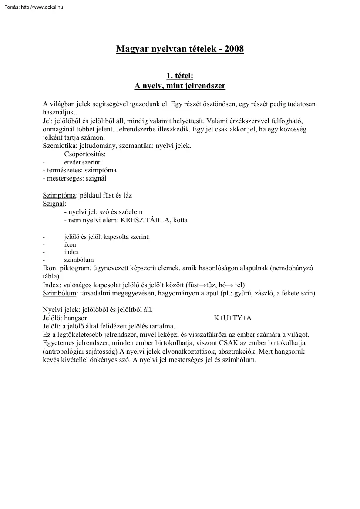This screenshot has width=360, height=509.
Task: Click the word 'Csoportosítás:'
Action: coord(84,154)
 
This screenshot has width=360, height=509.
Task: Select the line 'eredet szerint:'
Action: coord(83,162)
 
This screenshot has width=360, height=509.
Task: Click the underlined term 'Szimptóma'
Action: coord(60,196)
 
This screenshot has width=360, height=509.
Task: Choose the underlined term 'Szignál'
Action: coord(54,204)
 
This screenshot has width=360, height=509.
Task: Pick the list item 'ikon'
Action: coord(70,244)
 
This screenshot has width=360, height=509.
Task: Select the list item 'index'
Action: coord(71,252)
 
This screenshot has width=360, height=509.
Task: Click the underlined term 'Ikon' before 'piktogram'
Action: coord(49,269)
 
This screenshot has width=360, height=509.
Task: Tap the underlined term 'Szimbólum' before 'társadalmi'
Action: coord(60,293)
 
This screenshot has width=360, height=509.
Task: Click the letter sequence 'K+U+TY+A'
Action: coord(232,318)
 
